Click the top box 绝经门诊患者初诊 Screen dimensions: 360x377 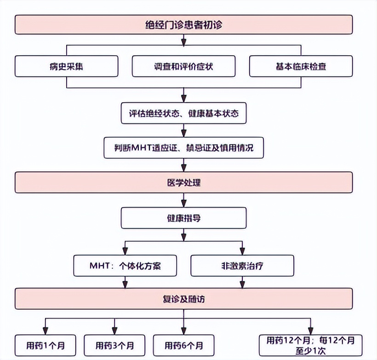[184, 24]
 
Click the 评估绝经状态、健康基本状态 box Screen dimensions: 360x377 [184, 113]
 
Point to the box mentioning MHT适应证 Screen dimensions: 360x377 [184, 148]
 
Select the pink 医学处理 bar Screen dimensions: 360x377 [184, 182]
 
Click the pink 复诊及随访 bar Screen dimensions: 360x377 [184, 299]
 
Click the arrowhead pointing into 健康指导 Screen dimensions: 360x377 [184, 203]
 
